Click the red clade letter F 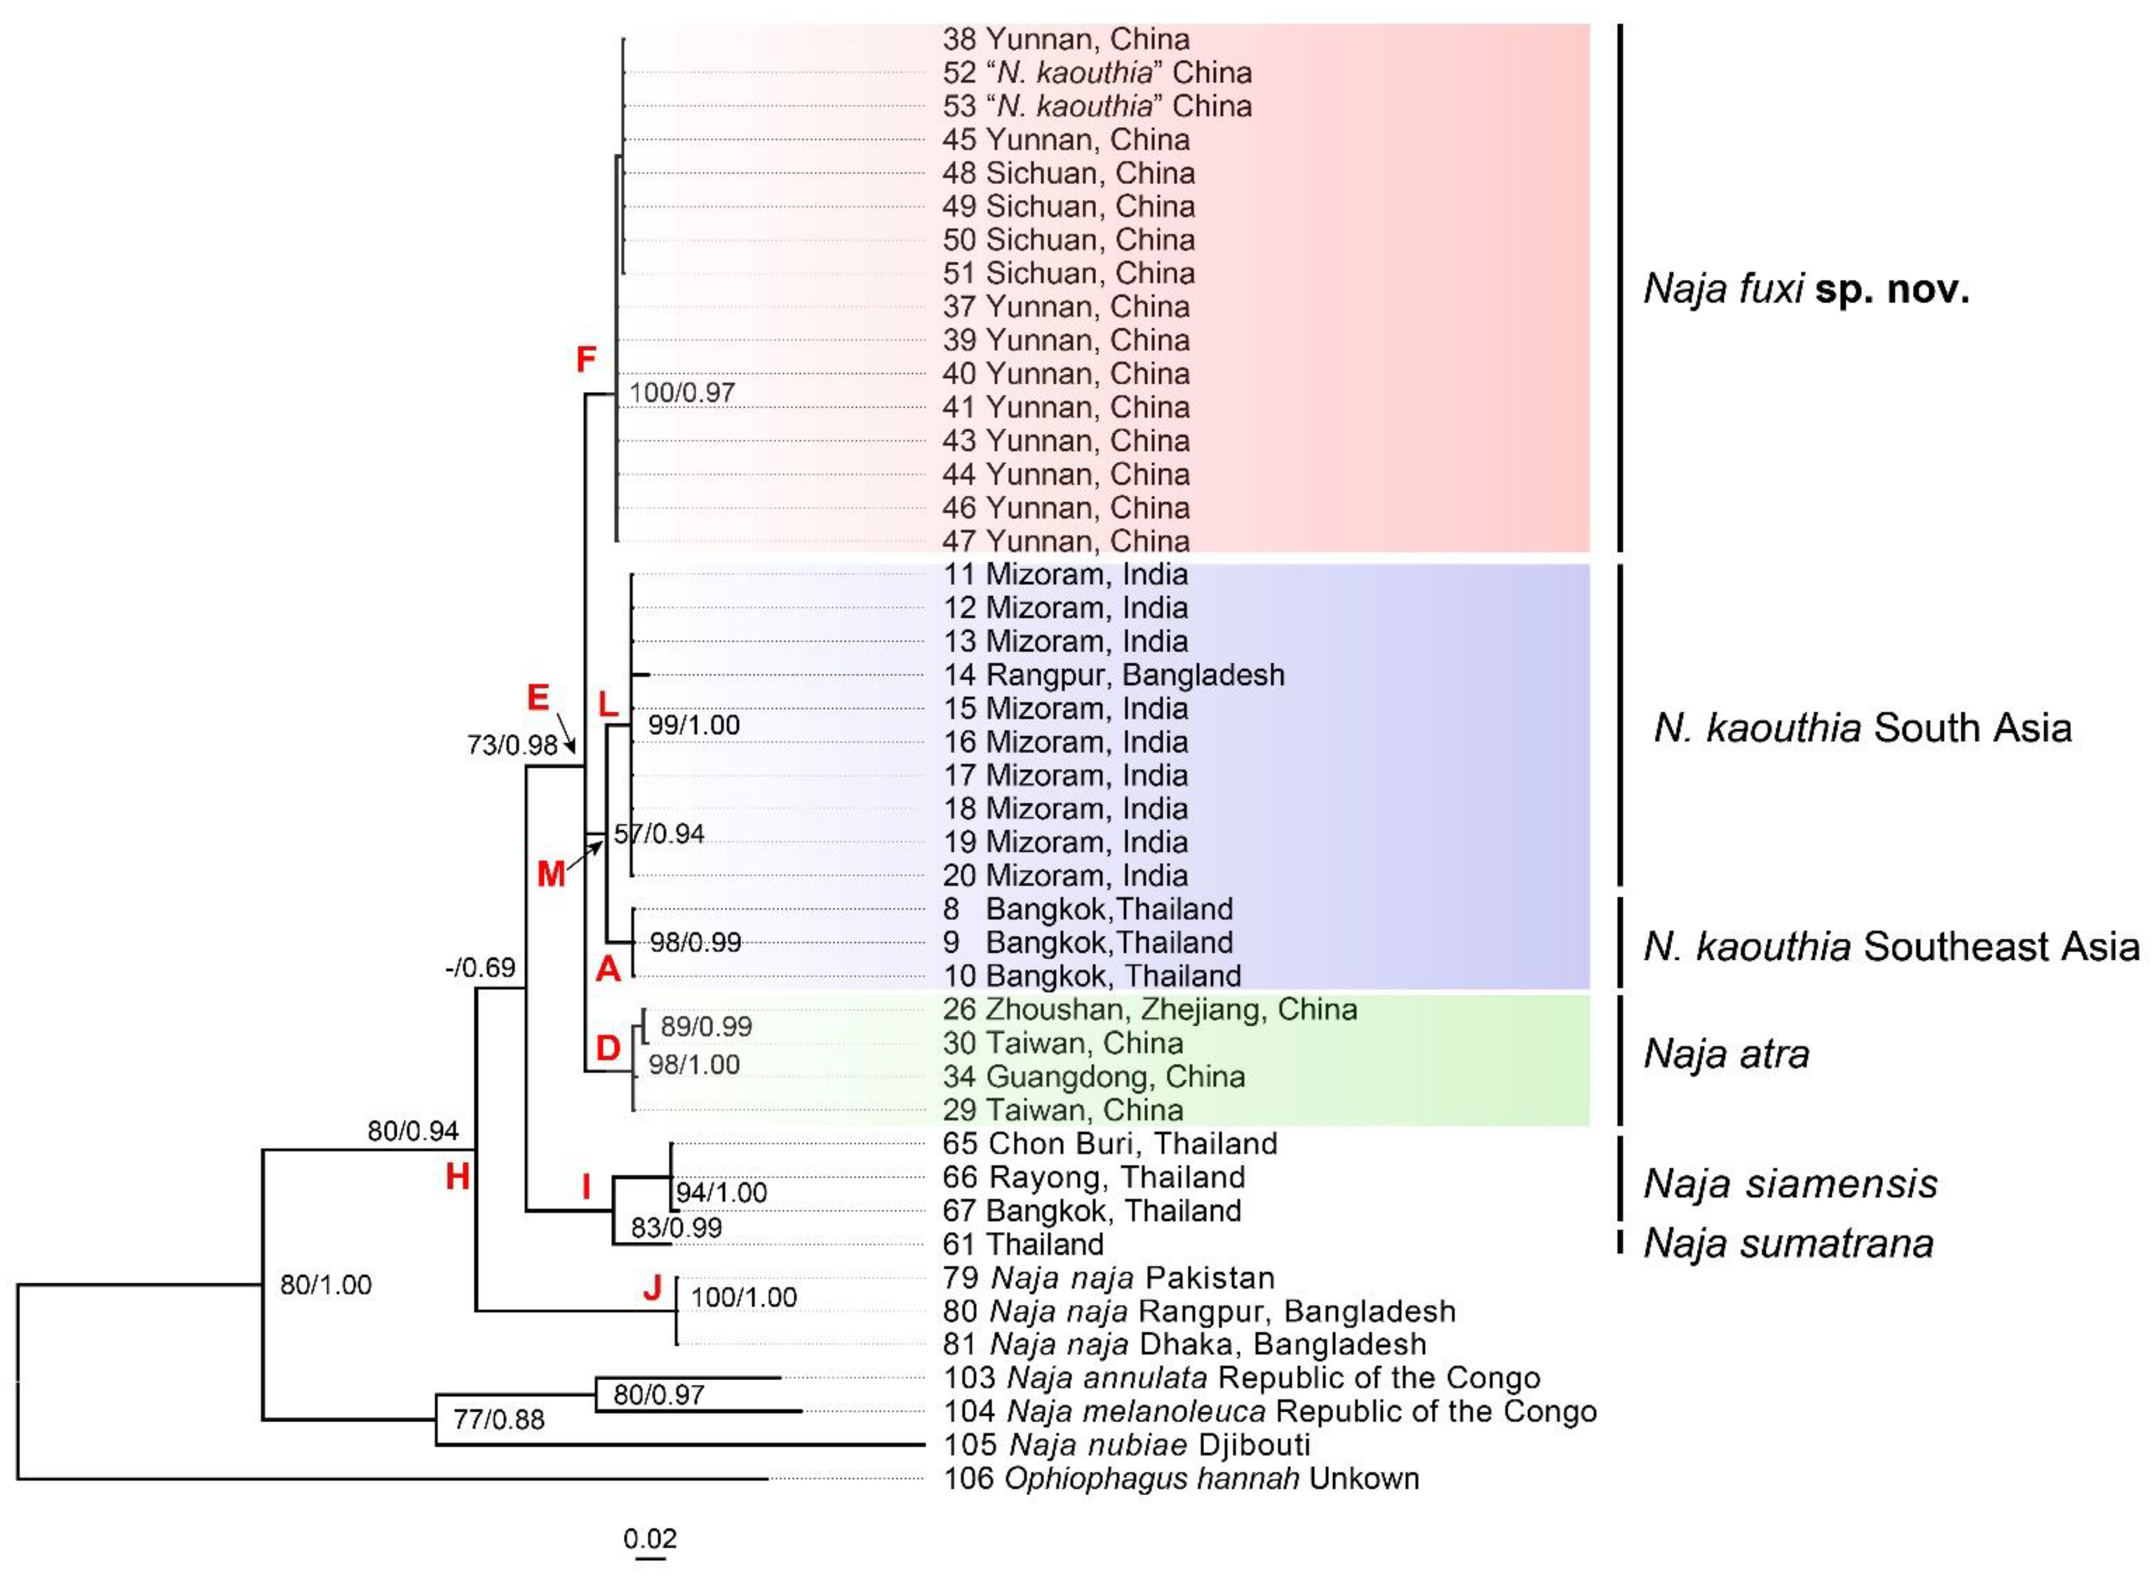coord(585,360)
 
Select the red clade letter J coord(652,1288)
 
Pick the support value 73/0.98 coord(512,745)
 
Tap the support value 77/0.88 coord(498,1420)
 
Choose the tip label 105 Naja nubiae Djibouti coord(1126,1445)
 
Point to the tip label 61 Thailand coord(1023,1245)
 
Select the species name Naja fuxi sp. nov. coord(1805,288)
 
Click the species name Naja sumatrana coord(1787,1244)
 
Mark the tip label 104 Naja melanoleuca coord(1269,1412)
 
